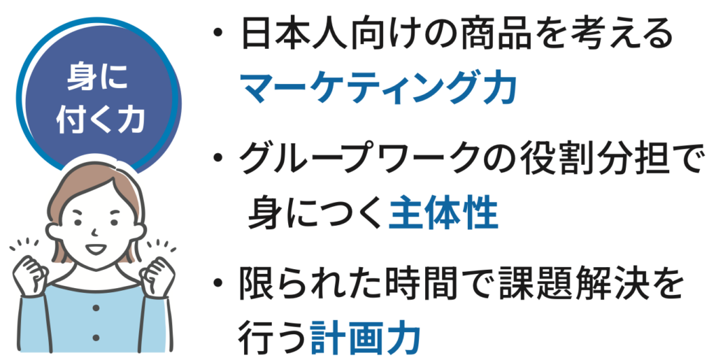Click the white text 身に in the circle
pos(99,77)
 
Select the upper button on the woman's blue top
pos(95,308)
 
